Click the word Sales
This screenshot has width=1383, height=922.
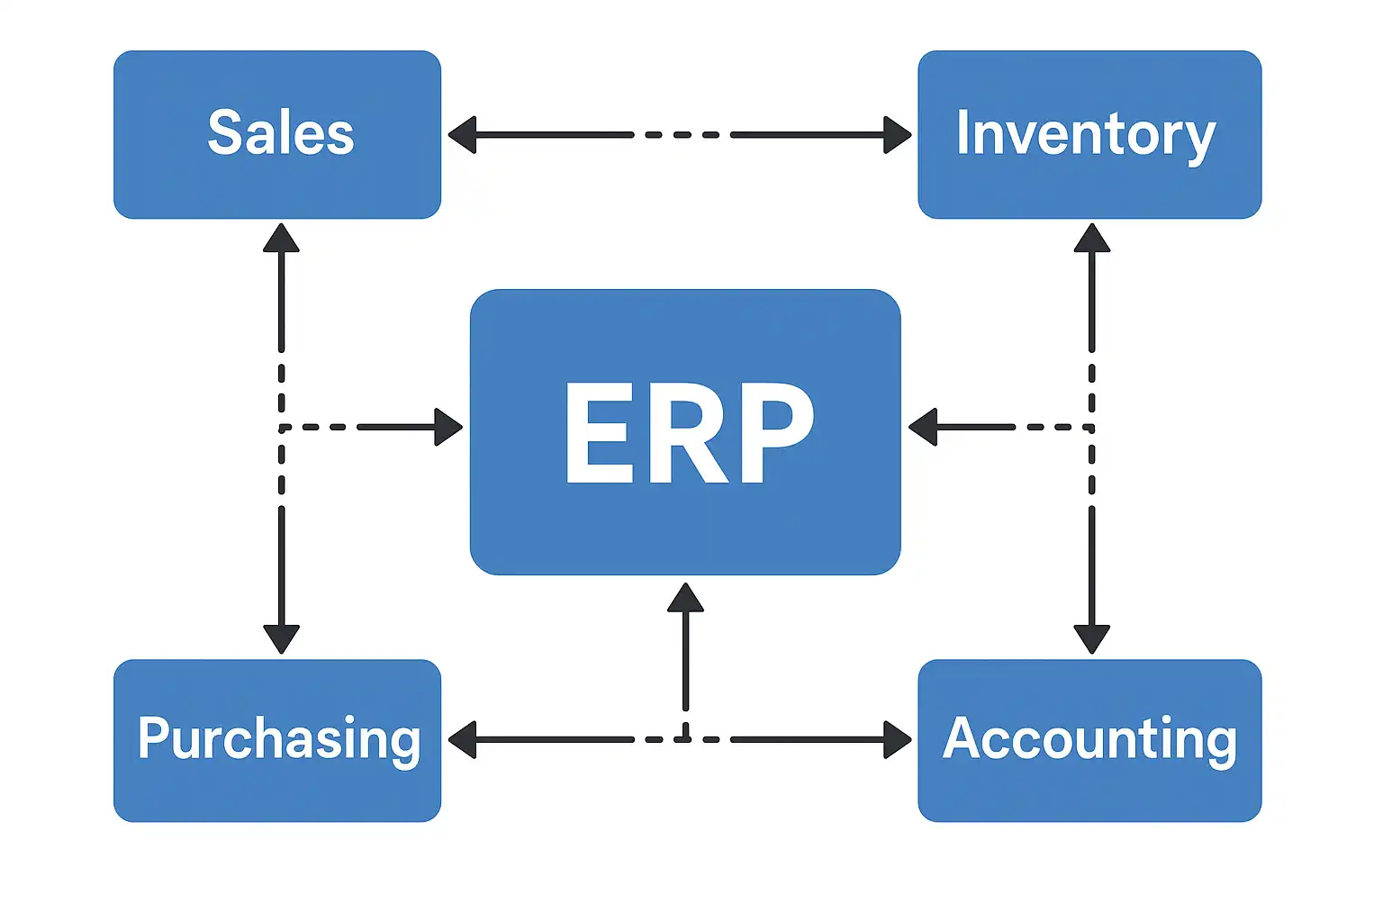coord(280,133)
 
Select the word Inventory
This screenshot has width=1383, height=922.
coord(1086,134)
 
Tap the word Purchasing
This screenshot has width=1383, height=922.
coord(279,739)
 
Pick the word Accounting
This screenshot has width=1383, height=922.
coord(1089,739)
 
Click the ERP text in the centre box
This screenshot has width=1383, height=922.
coord(688,432)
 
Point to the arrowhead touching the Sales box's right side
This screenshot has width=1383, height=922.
coord(462,135)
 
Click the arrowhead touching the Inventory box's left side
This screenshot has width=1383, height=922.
coord(897,135)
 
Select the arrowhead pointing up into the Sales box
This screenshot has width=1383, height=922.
coord(281,238)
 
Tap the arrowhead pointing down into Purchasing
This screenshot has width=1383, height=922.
coord(281,639)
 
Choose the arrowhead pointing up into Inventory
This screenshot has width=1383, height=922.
coord(1091,238)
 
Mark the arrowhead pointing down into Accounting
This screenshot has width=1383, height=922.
coord(1091,639)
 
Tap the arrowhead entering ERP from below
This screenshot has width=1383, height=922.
coord(685,598)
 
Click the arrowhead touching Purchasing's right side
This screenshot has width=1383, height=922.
coord(462,740)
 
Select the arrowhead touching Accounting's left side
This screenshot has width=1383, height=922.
coord(897,740)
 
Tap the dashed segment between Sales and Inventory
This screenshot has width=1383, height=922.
coord(682,135)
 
